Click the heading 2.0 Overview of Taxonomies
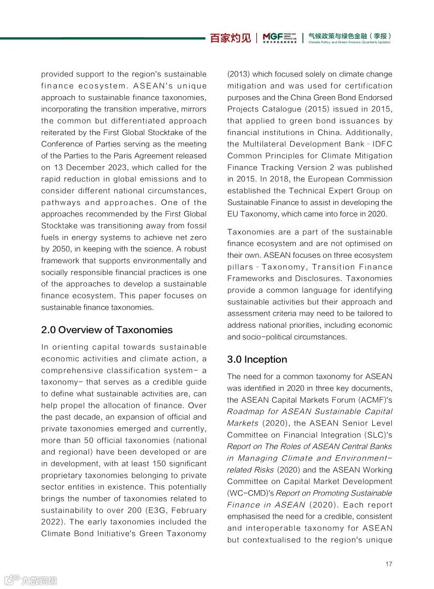(107, 330)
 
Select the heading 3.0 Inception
(257, 360)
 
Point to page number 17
(389, 564)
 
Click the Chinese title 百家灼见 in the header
(231, 38)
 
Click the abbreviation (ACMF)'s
(374, 400)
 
